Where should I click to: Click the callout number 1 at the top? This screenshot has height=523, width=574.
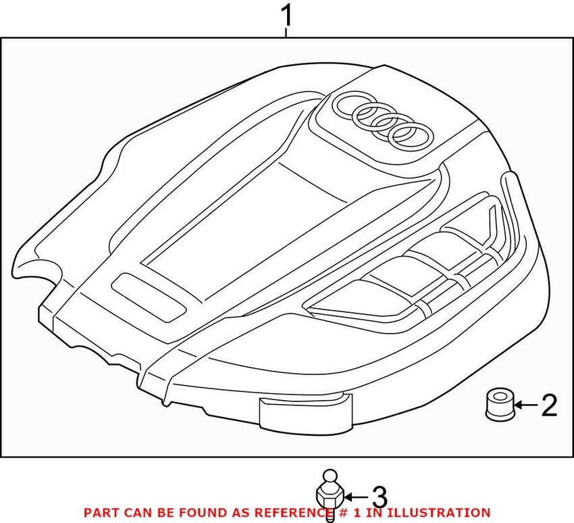tap(286, 16)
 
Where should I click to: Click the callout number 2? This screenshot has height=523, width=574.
tap(549, 405)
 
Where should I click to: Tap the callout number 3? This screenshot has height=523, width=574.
tap(380, 497)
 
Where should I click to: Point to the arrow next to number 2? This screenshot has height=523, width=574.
tap(525, 405)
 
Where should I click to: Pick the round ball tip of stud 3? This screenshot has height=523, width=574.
tap(330, 476)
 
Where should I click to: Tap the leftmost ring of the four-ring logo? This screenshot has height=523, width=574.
tap(350, 105)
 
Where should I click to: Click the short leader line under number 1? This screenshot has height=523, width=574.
tap(286, 32)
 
